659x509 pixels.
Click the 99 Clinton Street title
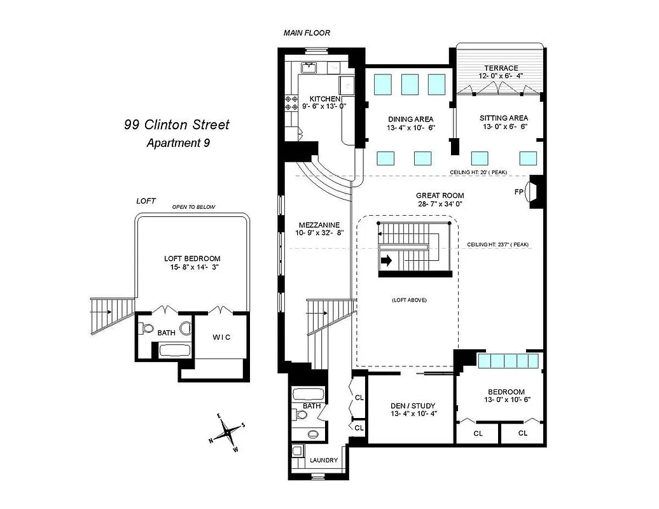176,125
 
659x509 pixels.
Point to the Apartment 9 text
178,143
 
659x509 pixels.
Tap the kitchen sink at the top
311,67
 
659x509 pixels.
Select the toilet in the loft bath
146,329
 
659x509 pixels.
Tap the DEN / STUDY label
413,405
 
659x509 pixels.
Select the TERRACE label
501,68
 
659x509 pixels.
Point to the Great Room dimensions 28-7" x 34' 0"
440,204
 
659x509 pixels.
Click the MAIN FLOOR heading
307,33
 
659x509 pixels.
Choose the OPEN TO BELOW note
194,207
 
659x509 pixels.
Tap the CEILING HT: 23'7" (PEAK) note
498,244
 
